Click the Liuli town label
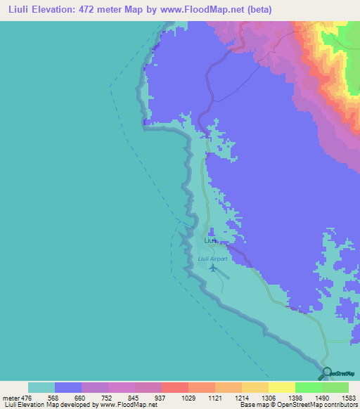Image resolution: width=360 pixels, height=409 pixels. click(x=210, y=240)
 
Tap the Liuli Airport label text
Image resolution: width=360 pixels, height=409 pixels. click(x=213, y=259)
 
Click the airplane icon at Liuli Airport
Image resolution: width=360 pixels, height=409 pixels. click(x=213, y=268)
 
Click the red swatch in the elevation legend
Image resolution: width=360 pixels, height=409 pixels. click(x=174, y=387)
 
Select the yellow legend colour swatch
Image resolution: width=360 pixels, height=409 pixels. click(x=281, y=387)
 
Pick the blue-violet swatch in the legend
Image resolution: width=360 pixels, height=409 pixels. click(x=68, y=387)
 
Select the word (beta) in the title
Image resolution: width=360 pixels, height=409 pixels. click(x=259, y=10)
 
